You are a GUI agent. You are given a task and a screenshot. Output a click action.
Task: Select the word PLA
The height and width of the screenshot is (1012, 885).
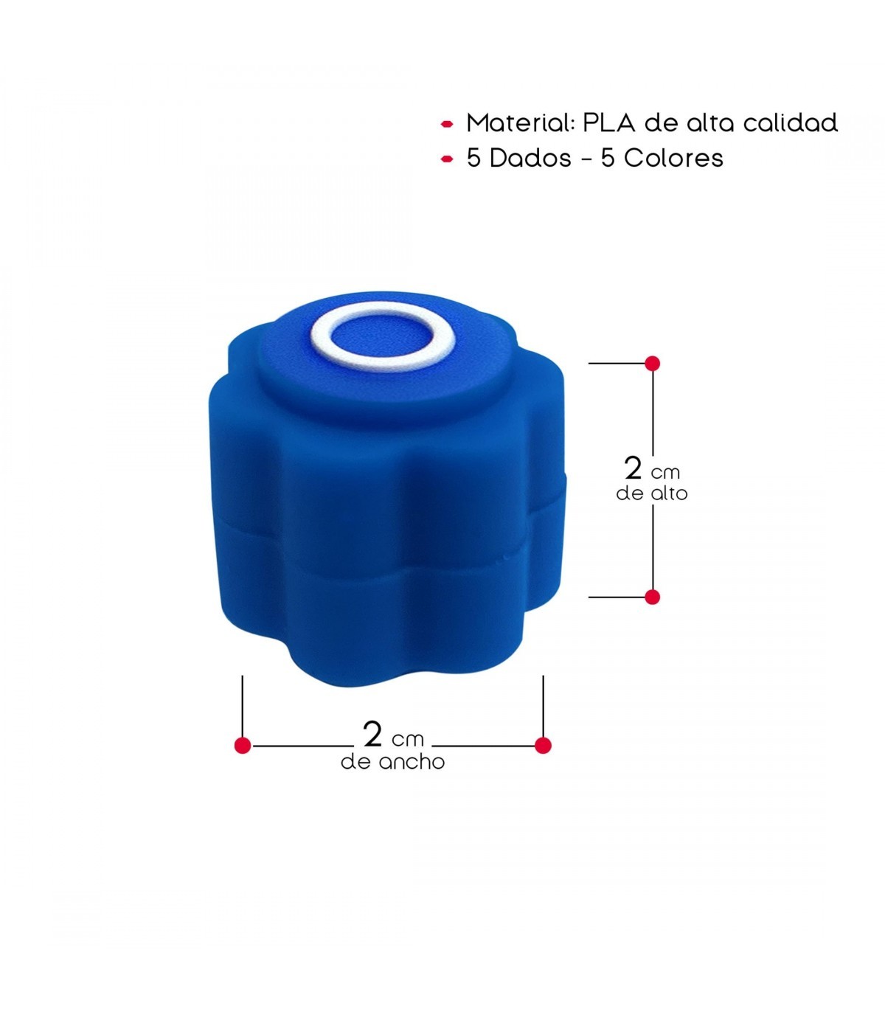click(x=608, y=122)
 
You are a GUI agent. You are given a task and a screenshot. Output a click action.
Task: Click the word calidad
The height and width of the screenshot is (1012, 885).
click(x=790, y=122)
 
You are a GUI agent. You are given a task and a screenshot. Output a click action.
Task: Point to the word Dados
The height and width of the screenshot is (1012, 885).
click(x=530, y=159)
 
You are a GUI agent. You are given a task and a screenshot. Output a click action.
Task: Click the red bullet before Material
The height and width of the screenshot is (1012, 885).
click(x=447, y=124)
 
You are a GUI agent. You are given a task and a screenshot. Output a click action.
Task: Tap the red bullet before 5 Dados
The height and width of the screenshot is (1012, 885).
click(x=447, y=159)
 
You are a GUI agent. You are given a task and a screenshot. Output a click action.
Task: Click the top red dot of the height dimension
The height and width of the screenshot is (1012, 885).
click(x=652, y=364)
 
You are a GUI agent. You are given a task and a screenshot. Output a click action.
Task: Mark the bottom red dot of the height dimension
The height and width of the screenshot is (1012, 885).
click(x=652, y=597)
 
